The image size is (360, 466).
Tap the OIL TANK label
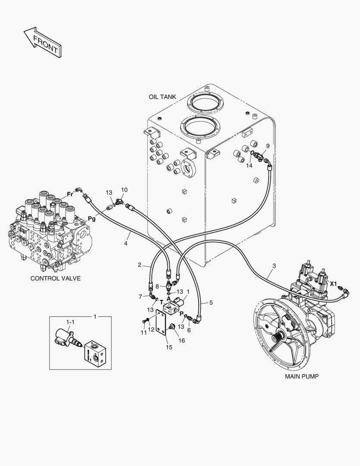coord(162,97)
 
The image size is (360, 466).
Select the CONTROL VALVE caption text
coord(55,278)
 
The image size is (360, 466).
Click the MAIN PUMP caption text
coord(301,376)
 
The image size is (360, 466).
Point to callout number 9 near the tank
coord(267,146)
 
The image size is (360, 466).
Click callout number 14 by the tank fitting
coord(249,165)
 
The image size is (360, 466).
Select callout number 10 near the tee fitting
coord(124,190)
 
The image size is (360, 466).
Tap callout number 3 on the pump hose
coord(274,266)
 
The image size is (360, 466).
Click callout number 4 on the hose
coord(125,244)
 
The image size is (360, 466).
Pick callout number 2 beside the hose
coord(140,265)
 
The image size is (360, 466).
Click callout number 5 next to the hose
coord(211,302)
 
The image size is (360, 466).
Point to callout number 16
coord(182,340)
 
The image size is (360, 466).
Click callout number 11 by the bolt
coord(143,333)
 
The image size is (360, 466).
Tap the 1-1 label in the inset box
coord(70,322)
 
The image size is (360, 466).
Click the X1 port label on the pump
coord(333,283)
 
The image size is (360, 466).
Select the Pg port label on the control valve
coord(92,219)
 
